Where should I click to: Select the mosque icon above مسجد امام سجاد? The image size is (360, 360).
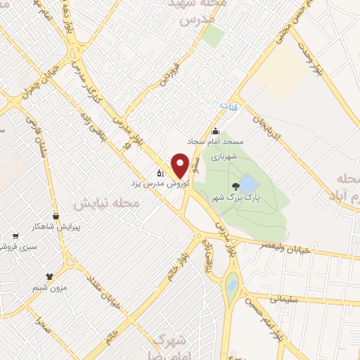tap(214, 131)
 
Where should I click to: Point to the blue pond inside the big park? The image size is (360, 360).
tap(249, 185)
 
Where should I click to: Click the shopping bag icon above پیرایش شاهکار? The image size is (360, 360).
tap(55, 216)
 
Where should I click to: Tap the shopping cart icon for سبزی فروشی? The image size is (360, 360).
tap(15, 236)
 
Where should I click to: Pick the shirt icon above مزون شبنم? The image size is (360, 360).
tap(49, 276)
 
